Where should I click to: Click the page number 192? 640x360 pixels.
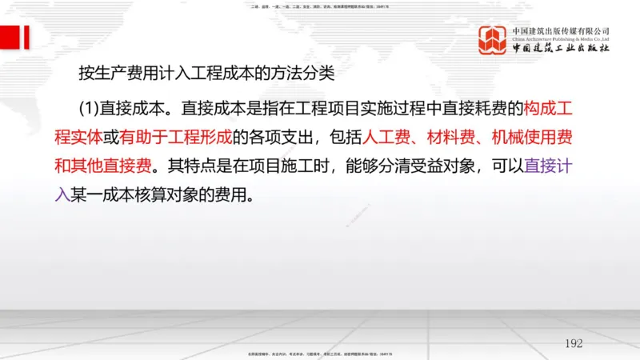tap(574, 343)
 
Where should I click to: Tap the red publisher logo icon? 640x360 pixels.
tap(494, 41)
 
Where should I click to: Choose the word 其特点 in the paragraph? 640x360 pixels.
tap(190, 166)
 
